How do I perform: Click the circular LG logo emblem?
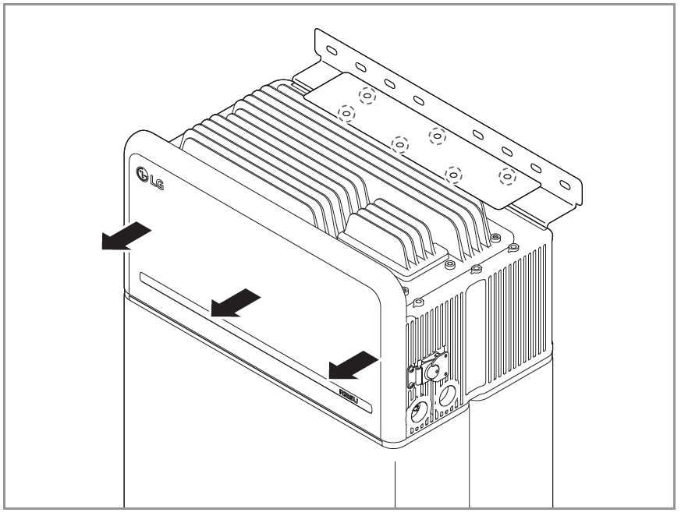143,174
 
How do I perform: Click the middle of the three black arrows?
235,303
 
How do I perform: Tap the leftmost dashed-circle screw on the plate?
346,114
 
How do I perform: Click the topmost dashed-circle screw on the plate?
367,95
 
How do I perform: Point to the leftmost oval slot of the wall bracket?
331,51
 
